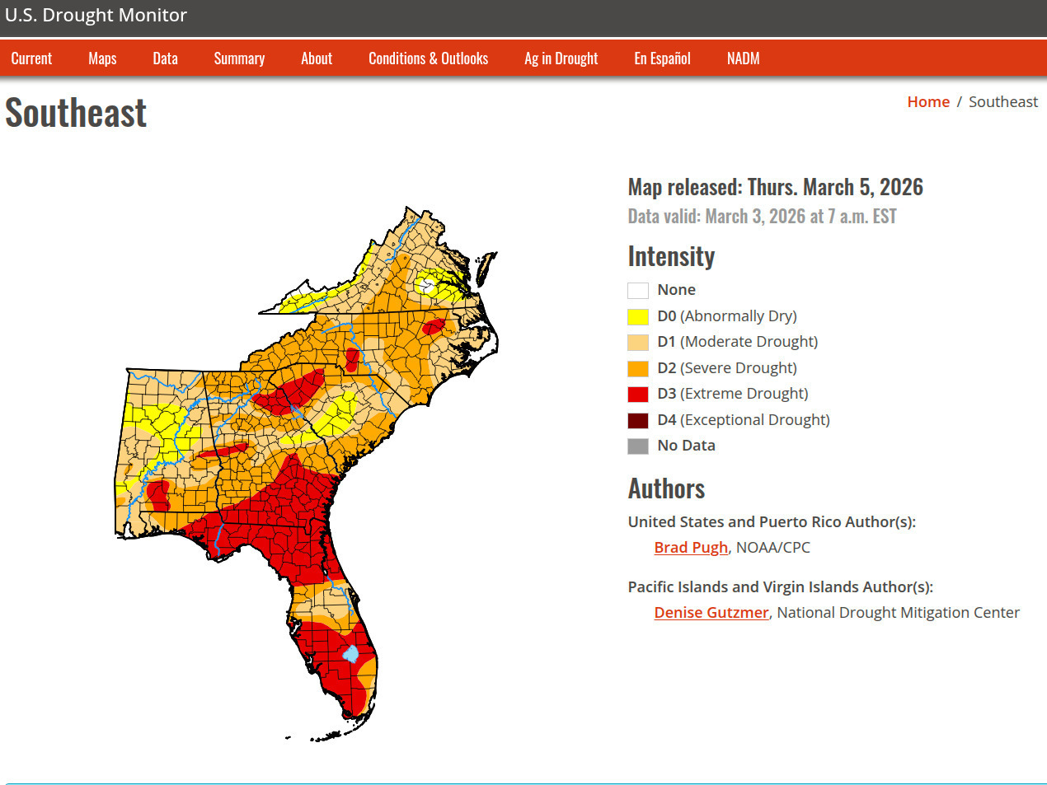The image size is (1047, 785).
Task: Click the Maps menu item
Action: coord(102,58)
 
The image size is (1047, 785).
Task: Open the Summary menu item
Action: coord(239,58)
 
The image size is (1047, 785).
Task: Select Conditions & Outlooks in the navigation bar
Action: coord(428,58)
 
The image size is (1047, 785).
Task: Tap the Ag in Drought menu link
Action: coord(561,58)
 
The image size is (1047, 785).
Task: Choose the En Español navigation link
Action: coord(662,58)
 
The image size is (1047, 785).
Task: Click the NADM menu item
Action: coord(743,58)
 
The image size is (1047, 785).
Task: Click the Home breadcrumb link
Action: coord(928,102)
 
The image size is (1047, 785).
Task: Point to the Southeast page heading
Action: coord(76,113)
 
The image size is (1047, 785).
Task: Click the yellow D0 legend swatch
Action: coord(638,316)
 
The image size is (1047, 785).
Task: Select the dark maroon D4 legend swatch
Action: coord(638,420)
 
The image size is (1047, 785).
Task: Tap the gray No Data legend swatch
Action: coord(638,446)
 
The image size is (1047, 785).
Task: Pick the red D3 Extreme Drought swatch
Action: coord(638,394)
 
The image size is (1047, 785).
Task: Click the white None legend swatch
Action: coord(638,290)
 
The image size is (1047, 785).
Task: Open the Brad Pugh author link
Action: coord(691,548)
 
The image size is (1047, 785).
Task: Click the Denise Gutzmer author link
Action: coord(711,613)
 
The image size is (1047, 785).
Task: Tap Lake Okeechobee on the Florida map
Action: coord(351,655)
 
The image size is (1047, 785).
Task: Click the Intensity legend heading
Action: coord(671,256)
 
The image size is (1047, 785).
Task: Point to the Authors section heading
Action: coord(666,488)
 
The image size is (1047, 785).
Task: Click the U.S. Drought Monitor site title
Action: coord(96,16)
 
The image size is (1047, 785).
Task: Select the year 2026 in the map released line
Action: coord(901,188)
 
